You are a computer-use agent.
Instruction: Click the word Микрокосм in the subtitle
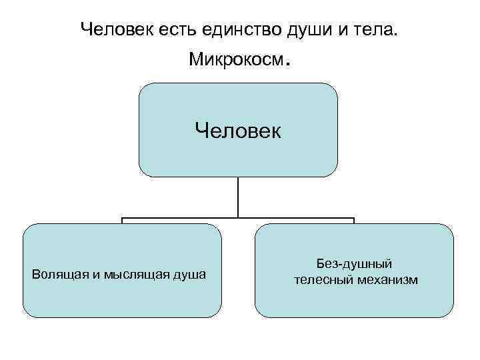click(236, 60)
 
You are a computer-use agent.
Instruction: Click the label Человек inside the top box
click(238, 130)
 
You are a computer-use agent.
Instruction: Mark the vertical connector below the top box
click(238, 197)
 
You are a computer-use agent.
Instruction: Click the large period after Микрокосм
click(288, 65)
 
